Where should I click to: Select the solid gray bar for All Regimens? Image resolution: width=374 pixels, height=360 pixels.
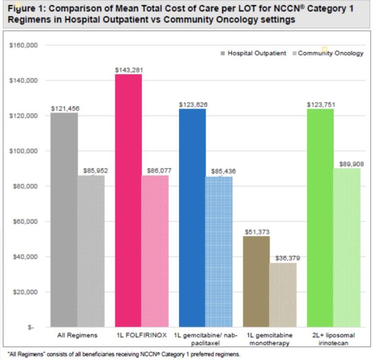pyautogui.click(x=64, y=220)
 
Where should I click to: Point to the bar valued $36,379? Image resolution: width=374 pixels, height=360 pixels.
pyautogui.click(x=282, y=295)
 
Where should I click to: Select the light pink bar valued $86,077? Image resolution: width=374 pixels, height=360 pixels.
pyautogui.click(x=155, y=251)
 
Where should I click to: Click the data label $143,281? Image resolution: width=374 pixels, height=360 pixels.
pyautogui.click(x=129, y=70)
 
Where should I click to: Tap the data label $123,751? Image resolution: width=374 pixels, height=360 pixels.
pyautogui.click(x=321, y=104)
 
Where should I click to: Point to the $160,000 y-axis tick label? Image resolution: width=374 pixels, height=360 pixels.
pyautogui.click(x=24, y=45)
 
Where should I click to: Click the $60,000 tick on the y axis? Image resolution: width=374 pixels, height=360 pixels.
pyautogui.click(x=25, y=222)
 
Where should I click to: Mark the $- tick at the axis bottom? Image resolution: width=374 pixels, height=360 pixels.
pyautogui.click(x=31, y=327)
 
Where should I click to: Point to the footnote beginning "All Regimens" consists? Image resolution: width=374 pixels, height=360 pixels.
pyautogui.click(x=124, y=354)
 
